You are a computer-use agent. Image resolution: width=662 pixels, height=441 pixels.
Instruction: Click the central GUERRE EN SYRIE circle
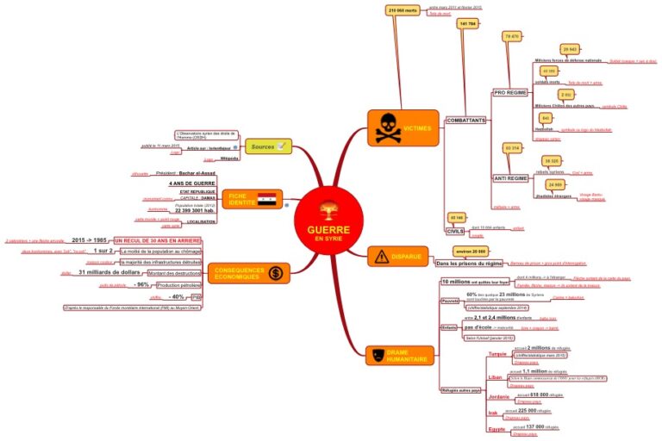[328, 222]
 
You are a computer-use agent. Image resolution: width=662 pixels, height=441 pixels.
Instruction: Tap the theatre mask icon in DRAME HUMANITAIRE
[376, 355]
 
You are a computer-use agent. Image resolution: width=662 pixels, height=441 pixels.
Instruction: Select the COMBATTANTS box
[465, 121]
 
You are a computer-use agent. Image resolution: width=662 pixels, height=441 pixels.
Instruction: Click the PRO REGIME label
[511, 91]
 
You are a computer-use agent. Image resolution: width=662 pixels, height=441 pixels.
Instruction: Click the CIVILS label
[454, 231]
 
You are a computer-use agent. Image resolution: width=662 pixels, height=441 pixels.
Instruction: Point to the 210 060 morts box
[403, 9]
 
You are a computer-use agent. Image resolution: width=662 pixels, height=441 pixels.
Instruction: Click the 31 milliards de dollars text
[109, 272]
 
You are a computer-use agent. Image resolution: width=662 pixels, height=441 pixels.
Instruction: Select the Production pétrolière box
[178, 284]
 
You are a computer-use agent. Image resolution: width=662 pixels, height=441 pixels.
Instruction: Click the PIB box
[196, 296]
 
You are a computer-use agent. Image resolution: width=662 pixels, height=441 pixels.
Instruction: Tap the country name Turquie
[496, 354]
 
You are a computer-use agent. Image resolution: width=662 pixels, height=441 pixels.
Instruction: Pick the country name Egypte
[496, 428]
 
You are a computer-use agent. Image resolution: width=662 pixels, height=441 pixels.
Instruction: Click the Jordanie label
[499, 396]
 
